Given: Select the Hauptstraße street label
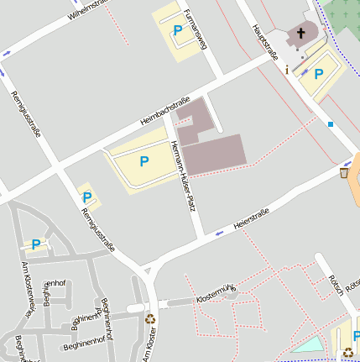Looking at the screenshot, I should pyautogui.click(x=264, y=43).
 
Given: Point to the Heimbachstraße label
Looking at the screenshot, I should pyautogui.click(x=166, y=110).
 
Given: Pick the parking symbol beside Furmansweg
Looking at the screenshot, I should pyautogui.click(x=177, y=31).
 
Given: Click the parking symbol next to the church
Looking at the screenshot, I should pyautogui.click(x=318, y=73).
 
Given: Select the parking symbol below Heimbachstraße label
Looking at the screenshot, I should pyautogui.click(x=144, y=160).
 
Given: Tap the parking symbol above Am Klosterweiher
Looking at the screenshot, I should pyautogui.click(x=35, y=244).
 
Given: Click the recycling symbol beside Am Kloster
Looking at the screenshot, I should pyautogui.click(x=150, y=318).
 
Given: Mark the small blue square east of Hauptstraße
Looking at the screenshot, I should pyautogui.click(x=331, y=124).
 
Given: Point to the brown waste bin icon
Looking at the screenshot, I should pyautogui.click(x=344, y=172).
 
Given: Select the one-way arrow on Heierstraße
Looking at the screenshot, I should pyautogui.click(x=220, y=232).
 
